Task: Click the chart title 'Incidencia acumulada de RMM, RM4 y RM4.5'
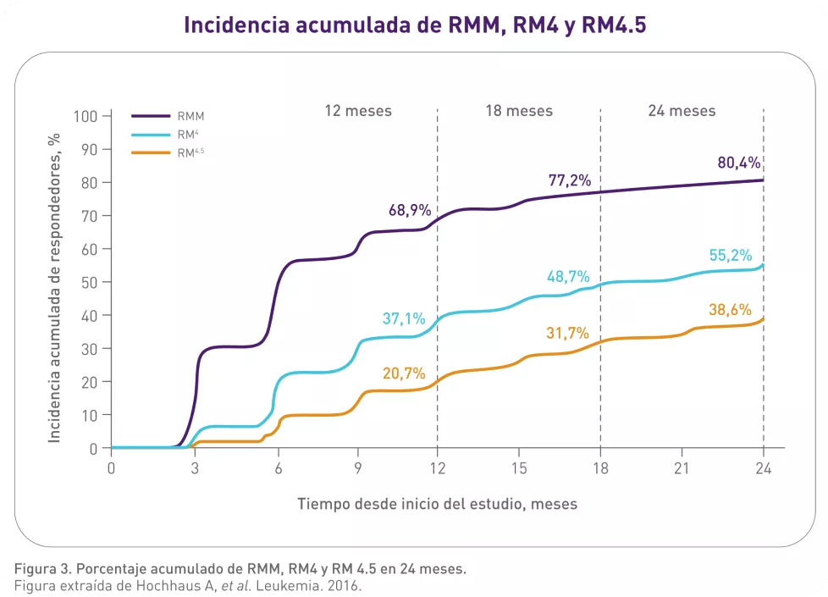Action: [x=415, y=25]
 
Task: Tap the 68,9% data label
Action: [x=410, y=210]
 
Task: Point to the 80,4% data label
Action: [x=739, y=163]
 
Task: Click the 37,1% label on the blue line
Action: [x=404, y=318]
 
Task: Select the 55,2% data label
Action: [x=731, y=256]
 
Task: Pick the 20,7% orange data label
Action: [x=404, y=373]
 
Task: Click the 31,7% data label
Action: [x=567, y=333]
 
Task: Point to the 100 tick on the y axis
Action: [x=87, y=116]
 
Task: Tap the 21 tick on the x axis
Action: [x=682, y=467]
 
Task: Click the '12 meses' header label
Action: [x=358, y=111]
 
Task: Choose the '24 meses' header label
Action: [x=682, y=111]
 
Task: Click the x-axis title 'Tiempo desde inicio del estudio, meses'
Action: [x=437, y=504]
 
